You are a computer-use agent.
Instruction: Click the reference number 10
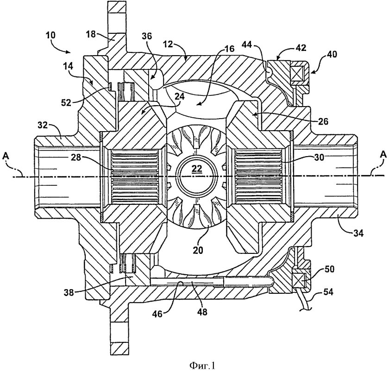51,35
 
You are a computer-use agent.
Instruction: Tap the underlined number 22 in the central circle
197,169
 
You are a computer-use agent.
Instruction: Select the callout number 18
91,34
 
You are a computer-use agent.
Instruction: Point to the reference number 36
147,36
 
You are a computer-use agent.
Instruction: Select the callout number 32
43,125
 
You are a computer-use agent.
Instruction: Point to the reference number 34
358,233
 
